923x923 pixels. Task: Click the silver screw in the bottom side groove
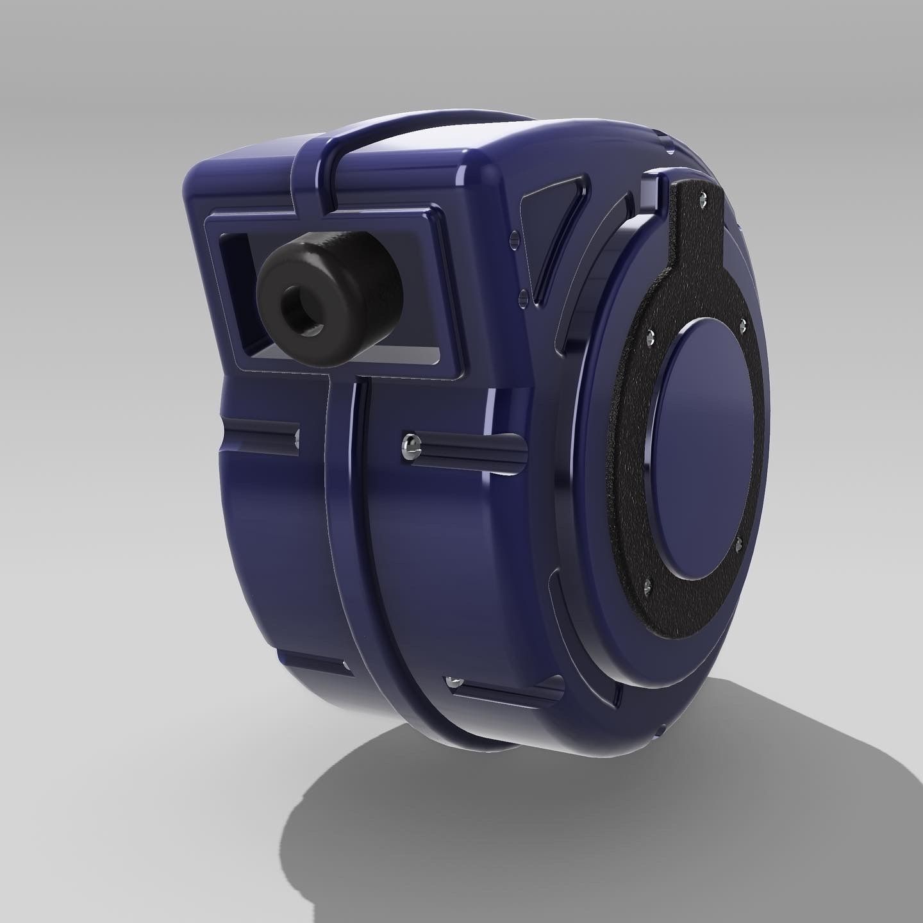point(454,680)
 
